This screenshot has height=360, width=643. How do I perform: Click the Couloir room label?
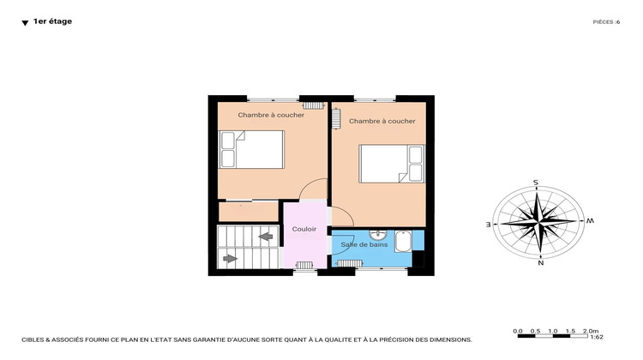(x=304, y=229)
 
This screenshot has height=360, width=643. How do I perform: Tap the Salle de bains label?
(x=362, y=245)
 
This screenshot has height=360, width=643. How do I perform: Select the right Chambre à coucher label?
(x=382, y=121)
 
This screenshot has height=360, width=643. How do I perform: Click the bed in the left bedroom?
(x=251, y=149)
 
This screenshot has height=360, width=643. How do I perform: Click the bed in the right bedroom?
(x=392, y=163)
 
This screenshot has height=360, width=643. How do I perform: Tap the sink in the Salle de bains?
(x=378, y=234)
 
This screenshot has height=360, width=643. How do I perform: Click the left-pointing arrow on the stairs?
(x=265, y=236)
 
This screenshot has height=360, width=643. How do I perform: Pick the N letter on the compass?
(x=541, y=263)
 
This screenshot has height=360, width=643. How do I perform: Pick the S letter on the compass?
(x=536, y=183)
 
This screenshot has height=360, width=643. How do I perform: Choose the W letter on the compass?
(x=590, y=220)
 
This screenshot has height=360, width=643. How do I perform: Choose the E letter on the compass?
(x=489, y=224)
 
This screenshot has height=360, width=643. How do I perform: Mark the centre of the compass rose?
(x=538, y=222)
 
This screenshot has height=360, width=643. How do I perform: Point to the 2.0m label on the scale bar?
(x=590, y=330)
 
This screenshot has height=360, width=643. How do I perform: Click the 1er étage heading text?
(x=52, y=21)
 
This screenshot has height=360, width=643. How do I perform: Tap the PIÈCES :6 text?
(x=605, y=22)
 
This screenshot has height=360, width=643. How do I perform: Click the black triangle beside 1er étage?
(x=25, y=23)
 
